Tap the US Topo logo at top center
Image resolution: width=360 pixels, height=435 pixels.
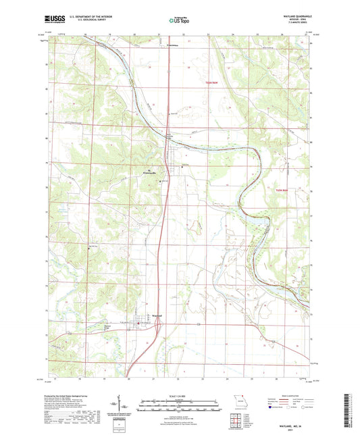pyautogui.click(x=179, y=21)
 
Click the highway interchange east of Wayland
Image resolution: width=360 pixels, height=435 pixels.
pyautogui.click(x=157, y=326)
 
